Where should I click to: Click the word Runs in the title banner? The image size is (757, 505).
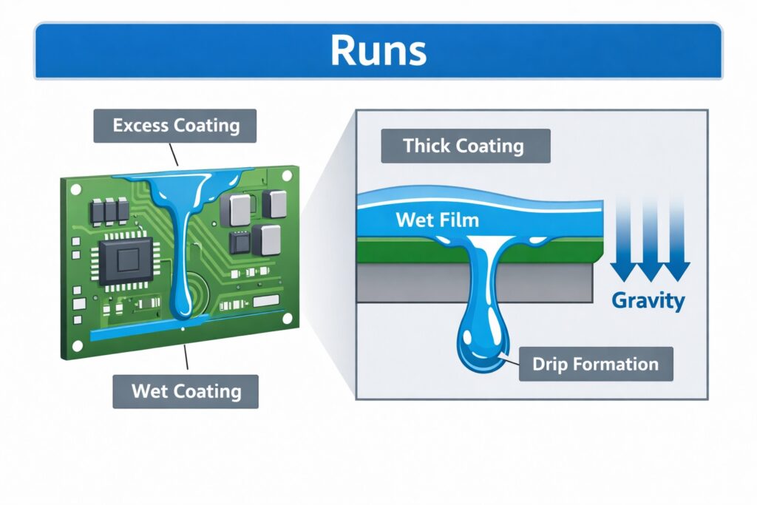pyautogui.click(x=378, y=51)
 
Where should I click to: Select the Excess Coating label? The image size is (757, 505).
pyautogui.click(x=175, y=125)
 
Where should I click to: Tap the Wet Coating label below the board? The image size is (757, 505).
pyautogui.click(x=186, y=390)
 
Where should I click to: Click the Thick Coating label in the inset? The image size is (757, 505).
pyautogui.click(x=465, y=146)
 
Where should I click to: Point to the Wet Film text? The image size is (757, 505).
pyautogui.click(x=437, y=220)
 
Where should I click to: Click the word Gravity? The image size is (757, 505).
pyautogui.click(x=648, y=301)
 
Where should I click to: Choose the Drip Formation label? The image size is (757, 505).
pyautogui.click(x=596, y=364)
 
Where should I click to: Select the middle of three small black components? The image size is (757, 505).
pyautogui.click(x=110, y=211)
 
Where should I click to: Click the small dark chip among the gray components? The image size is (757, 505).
pyautogui.click(x=239, y=242)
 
